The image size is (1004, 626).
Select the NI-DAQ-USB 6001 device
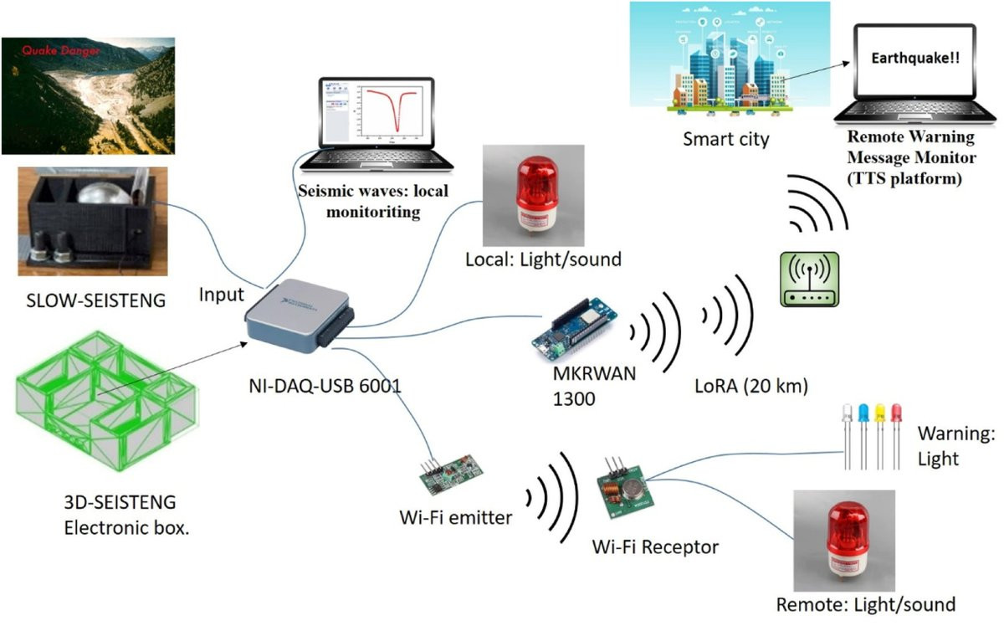297,315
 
